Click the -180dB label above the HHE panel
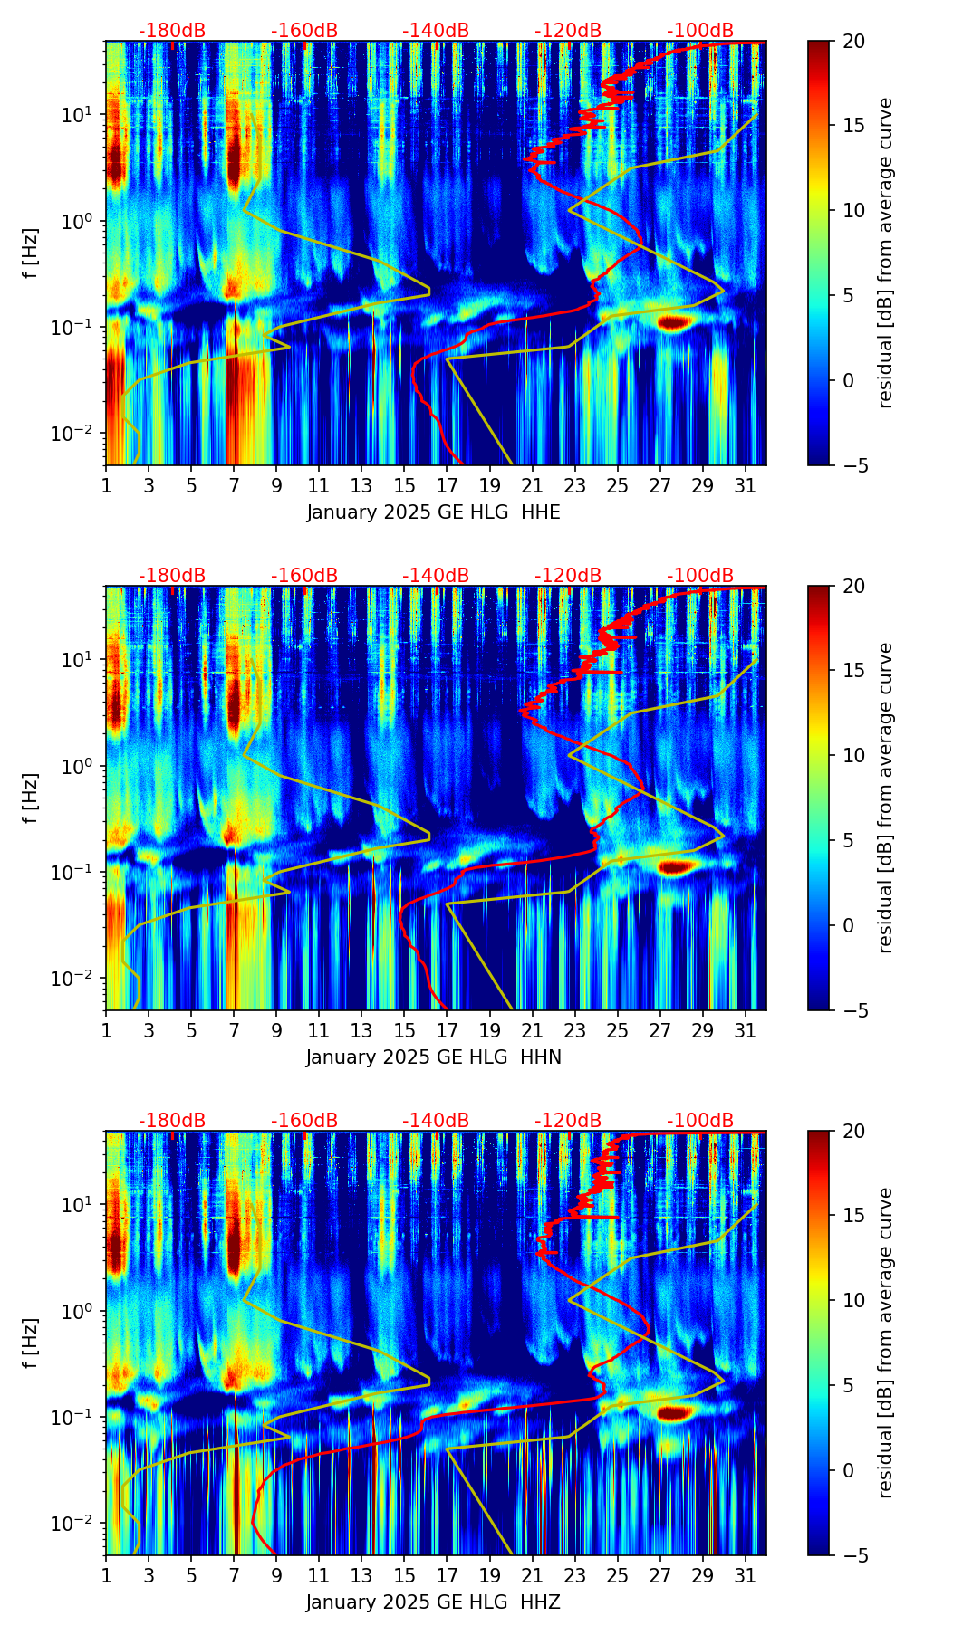tap(172, 31)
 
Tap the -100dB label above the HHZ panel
tap(700, 1121)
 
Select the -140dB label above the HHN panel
tap(436, 576)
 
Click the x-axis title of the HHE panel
tap(433, 512)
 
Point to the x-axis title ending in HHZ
tap(433, 1602)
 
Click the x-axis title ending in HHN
tap(433, 1057)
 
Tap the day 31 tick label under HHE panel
tap(745, 485)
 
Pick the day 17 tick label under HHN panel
tap(447, 1030)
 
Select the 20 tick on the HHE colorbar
tap(854, 42)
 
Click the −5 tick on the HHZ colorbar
tap(852, 1555)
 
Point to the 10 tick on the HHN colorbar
tap(854, 755)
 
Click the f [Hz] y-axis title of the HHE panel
tap(31, 253)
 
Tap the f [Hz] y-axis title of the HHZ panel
tap(31, 1343)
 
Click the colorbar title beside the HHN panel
tap(885, 798)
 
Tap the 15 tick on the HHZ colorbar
tap(854, 1216)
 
